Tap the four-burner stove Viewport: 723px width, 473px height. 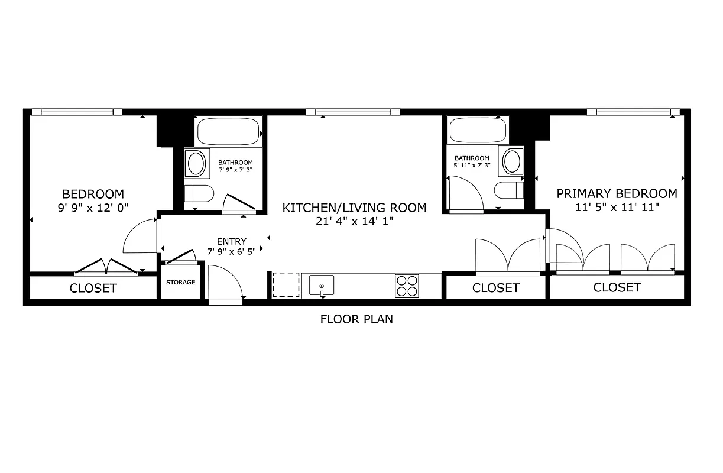click(407, 286)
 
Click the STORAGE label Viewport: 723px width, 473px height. click(180, 282)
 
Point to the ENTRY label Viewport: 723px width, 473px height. click(232, 241)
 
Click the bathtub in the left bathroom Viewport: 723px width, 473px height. click(229, 131)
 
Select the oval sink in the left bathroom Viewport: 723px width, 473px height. click(196, 163)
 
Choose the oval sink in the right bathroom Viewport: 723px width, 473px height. click(512, 161)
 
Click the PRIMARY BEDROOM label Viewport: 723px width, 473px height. click(617, 194)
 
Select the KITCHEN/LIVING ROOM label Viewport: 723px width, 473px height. click(354, 208)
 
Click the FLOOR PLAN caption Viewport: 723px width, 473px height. click(356, 319)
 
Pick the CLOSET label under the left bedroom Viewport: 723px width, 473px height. click(93, 289)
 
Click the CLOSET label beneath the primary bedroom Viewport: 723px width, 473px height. click(617, 287)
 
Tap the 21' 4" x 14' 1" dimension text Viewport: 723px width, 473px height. click(354, 222)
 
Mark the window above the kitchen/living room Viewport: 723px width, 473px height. click(353, 112)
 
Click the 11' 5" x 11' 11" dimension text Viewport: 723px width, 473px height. click(617, 207)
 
